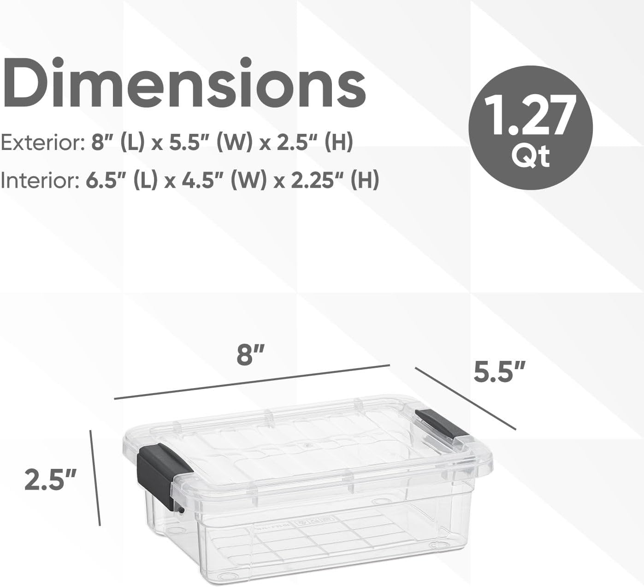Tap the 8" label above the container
click(x=250, y=355)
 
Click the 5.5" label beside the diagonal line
click(x=500, y=372)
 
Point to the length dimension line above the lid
click(x=252, y=381)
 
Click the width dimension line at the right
click(x=465, y=398)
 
